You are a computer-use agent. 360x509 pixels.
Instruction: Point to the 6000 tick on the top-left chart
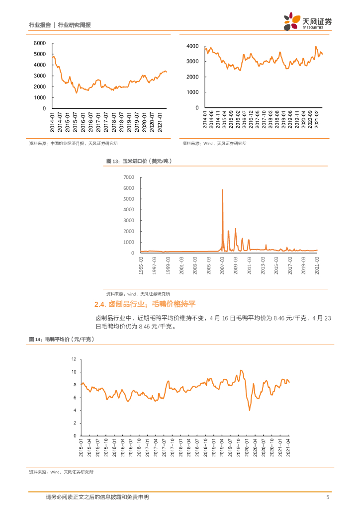click(40, 43)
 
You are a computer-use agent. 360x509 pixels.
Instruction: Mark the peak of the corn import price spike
click(222, 190)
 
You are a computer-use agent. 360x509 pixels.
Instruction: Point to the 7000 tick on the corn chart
click(128, 177)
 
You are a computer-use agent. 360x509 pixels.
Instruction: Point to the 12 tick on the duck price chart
click(74, 359)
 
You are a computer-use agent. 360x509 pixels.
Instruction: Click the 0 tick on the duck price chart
click(76, 436)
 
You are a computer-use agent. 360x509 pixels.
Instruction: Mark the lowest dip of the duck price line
click(250, 410)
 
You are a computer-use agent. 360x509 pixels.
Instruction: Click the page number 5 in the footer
click(328, 497)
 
